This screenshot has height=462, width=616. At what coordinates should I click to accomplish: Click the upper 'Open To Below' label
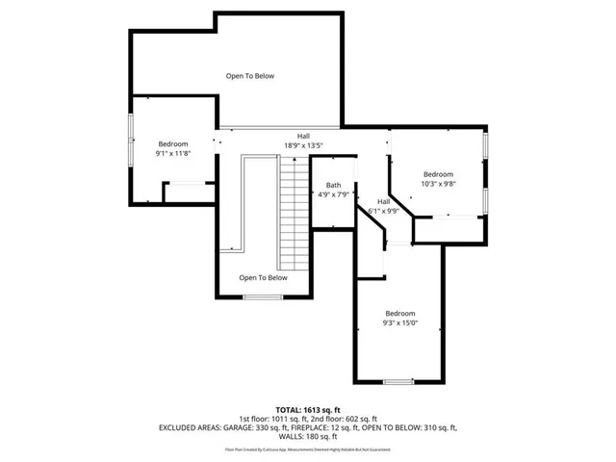250,75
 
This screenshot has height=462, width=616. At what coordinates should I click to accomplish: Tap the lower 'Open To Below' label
264,278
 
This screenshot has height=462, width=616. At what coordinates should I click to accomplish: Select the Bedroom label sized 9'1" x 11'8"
173,148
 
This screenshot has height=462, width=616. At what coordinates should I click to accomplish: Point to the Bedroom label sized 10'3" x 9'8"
438,179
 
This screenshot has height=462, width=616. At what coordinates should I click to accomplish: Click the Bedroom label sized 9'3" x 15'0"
400,319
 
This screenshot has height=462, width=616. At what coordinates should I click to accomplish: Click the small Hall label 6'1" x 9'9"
383,206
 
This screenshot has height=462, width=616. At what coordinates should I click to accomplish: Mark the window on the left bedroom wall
131,142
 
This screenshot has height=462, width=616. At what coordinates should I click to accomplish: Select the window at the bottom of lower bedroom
398,382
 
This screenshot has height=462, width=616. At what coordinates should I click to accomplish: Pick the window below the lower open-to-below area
263,297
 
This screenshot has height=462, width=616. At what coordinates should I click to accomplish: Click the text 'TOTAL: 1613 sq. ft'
308,409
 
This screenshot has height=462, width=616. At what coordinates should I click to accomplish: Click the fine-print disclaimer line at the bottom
308,449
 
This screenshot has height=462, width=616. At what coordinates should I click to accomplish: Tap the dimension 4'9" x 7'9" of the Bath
333,195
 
